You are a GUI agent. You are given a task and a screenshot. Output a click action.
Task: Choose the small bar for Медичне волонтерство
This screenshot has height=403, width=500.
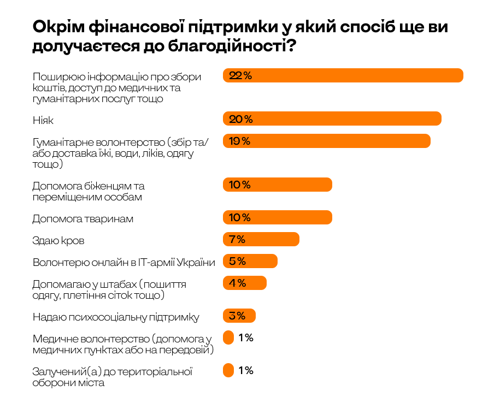[228, 337]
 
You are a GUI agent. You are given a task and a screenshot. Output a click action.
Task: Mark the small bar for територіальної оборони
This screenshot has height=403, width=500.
[228, 370]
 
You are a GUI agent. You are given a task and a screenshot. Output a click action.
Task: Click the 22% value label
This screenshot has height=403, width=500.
[240, 75]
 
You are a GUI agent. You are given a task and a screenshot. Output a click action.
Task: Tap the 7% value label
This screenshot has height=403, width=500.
[238, 239]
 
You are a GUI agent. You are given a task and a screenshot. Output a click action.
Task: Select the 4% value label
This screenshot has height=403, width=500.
[238, 283]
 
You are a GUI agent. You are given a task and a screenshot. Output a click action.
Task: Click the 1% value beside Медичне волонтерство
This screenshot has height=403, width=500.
[246, 337]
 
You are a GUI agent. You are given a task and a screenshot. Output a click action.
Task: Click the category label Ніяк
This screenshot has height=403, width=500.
[43, 120]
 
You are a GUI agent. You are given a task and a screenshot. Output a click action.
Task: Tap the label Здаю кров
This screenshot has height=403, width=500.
[58, 240]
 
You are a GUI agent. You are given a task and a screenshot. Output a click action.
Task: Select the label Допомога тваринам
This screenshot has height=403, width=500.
[83, 218]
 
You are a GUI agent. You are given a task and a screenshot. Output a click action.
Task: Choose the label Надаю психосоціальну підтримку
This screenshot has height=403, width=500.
[116, 317]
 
